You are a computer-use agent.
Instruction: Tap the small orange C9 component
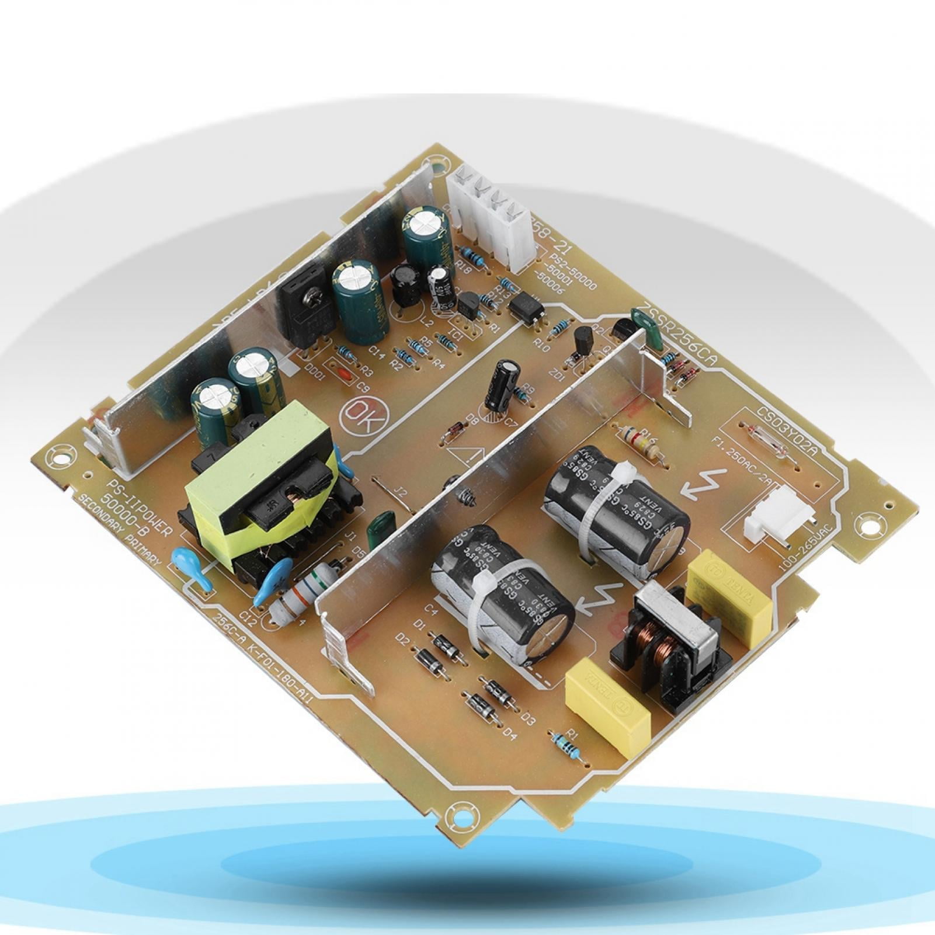coord(345,374)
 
